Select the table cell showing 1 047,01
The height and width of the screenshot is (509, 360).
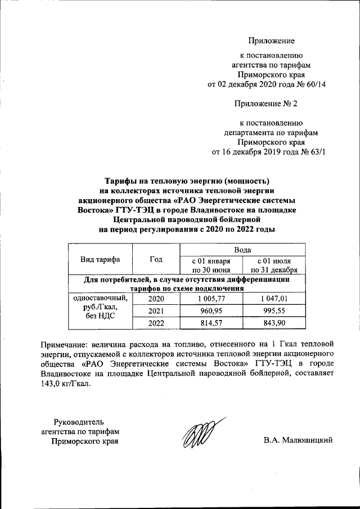coord(273,299)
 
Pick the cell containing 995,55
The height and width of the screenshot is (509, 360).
coord(273,311)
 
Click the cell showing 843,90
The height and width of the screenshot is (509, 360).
coord(273,323)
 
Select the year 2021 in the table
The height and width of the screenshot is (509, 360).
coord(156,311)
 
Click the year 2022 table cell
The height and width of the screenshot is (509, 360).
coord(156,323)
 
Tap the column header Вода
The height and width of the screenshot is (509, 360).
coord(242,249)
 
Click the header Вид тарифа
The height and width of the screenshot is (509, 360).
coord(100,259)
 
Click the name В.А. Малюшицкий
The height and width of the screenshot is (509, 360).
coord(298,440)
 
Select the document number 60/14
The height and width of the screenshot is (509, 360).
coord(315,84)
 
